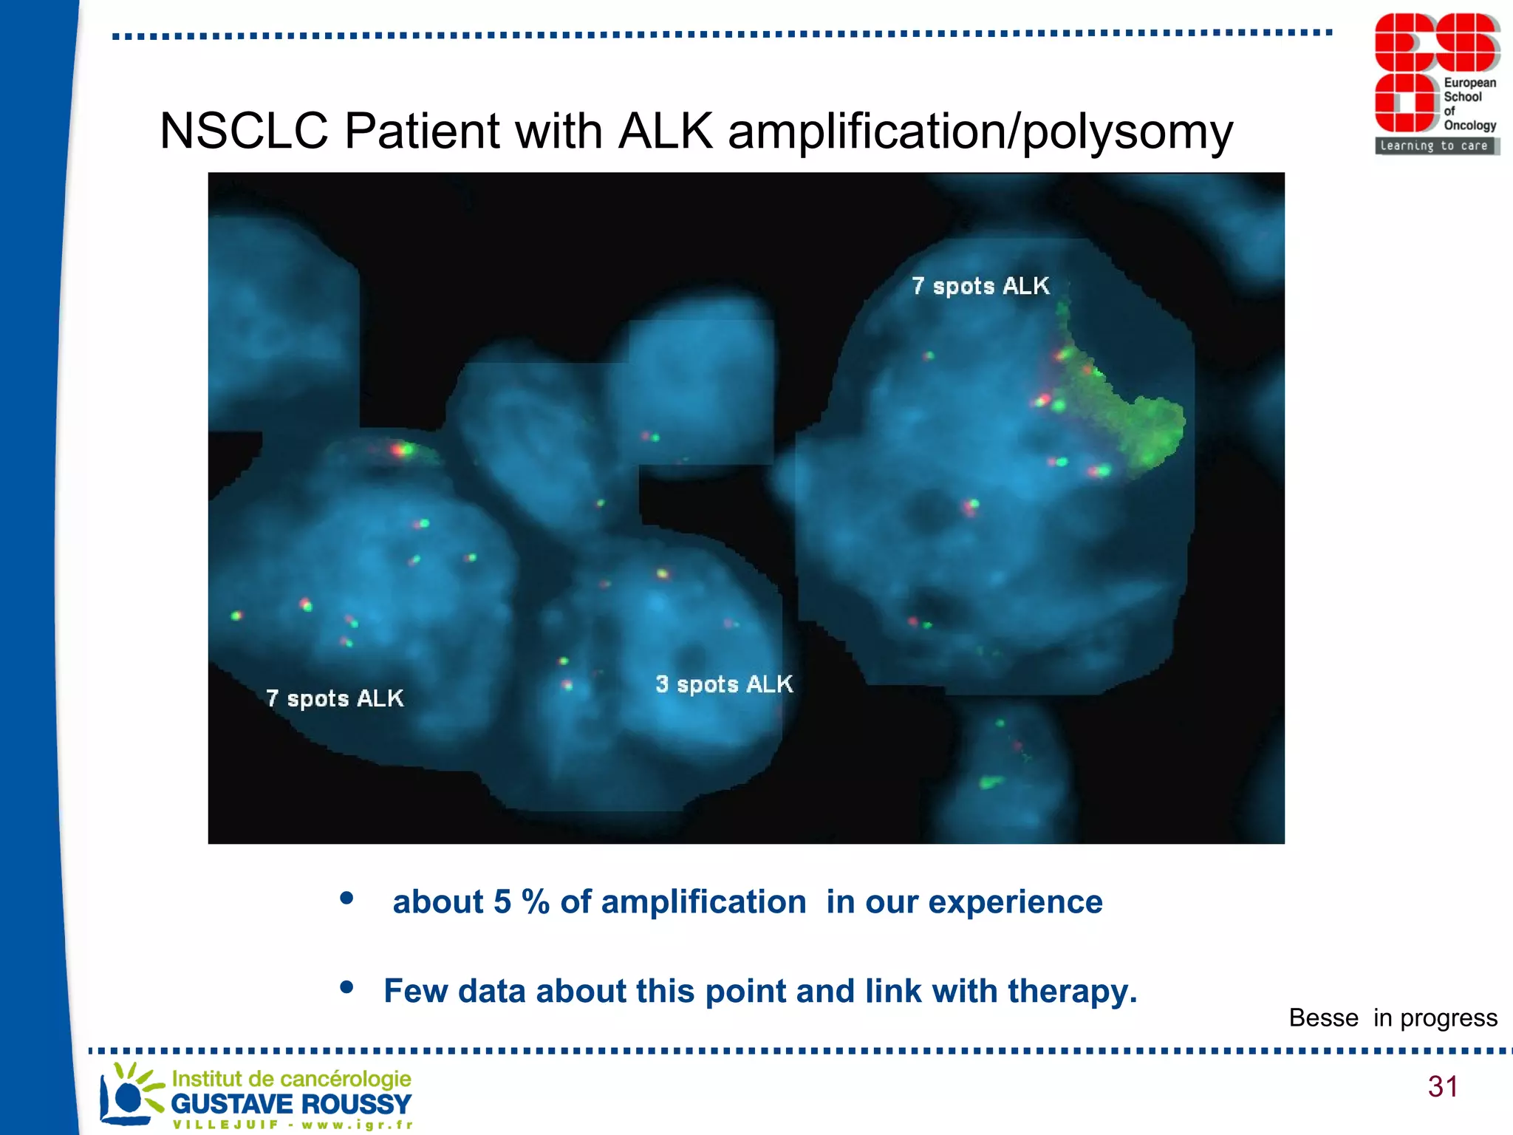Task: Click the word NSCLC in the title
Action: point(244,132)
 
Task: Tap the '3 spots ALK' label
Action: point(724,684)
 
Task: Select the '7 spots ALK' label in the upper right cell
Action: point(980,286)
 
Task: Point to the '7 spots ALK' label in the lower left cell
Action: point(335,698)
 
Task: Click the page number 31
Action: point(1442,1086)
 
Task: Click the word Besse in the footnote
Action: point(1323,1018)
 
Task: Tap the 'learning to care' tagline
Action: point(1433,146)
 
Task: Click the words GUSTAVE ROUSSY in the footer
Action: point(291,1104)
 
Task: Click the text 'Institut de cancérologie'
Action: point(291,1079)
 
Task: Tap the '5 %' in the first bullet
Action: point(522,902)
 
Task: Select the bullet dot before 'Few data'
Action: point(346,987)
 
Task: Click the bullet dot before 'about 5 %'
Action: point(346,899)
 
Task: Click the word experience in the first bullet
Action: point(1015,902)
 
